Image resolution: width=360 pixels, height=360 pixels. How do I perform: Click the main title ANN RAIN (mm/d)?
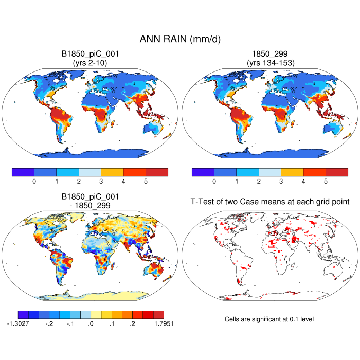point(180,39)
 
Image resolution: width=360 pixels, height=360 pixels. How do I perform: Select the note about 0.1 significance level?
point(269,319)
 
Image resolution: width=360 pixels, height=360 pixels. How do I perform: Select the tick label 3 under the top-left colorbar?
point(101,181)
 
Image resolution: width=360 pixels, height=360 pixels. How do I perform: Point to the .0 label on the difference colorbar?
point(91,324)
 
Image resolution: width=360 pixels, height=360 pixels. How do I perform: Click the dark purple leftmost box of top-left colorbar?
point(23,172)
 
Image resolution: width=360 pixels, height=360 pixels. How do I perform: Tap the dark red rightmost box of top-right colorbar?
point(336,172)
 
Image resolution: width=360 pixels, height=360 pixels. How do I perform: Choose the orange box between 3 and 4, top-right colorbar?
point(292,172)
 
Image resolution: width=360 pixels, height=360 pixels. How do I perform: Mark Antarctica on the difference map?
point(87,295)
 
